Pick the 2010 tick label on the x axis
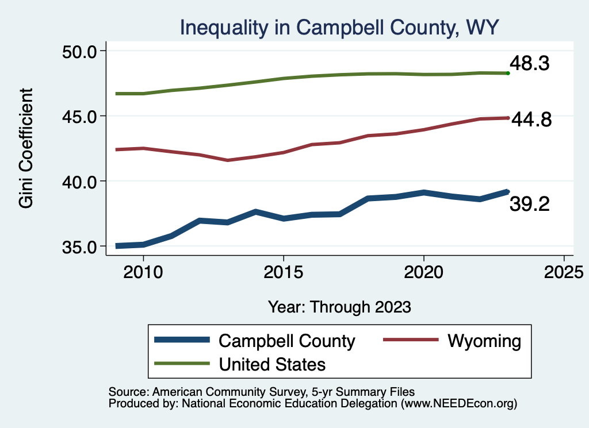[x=143, y=271]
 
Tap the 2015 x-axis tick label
[x=283, y=271]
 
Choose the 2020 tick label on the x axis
[x=423, y=271]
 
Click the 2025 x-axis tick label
[x=564, y=271]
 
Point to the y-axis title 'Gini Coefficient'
[x=27, y=148]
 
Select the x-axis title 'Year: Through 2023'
[x=339, y=307]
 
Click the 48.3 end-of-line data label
[x=530, y=64]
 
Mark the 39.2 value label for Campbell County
[x=530, y=204]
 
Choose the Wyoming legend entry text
[x=484, y=341]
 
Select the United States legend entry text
[x=272, y=364]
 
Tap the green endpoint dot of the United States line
[x=508, y=73]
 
